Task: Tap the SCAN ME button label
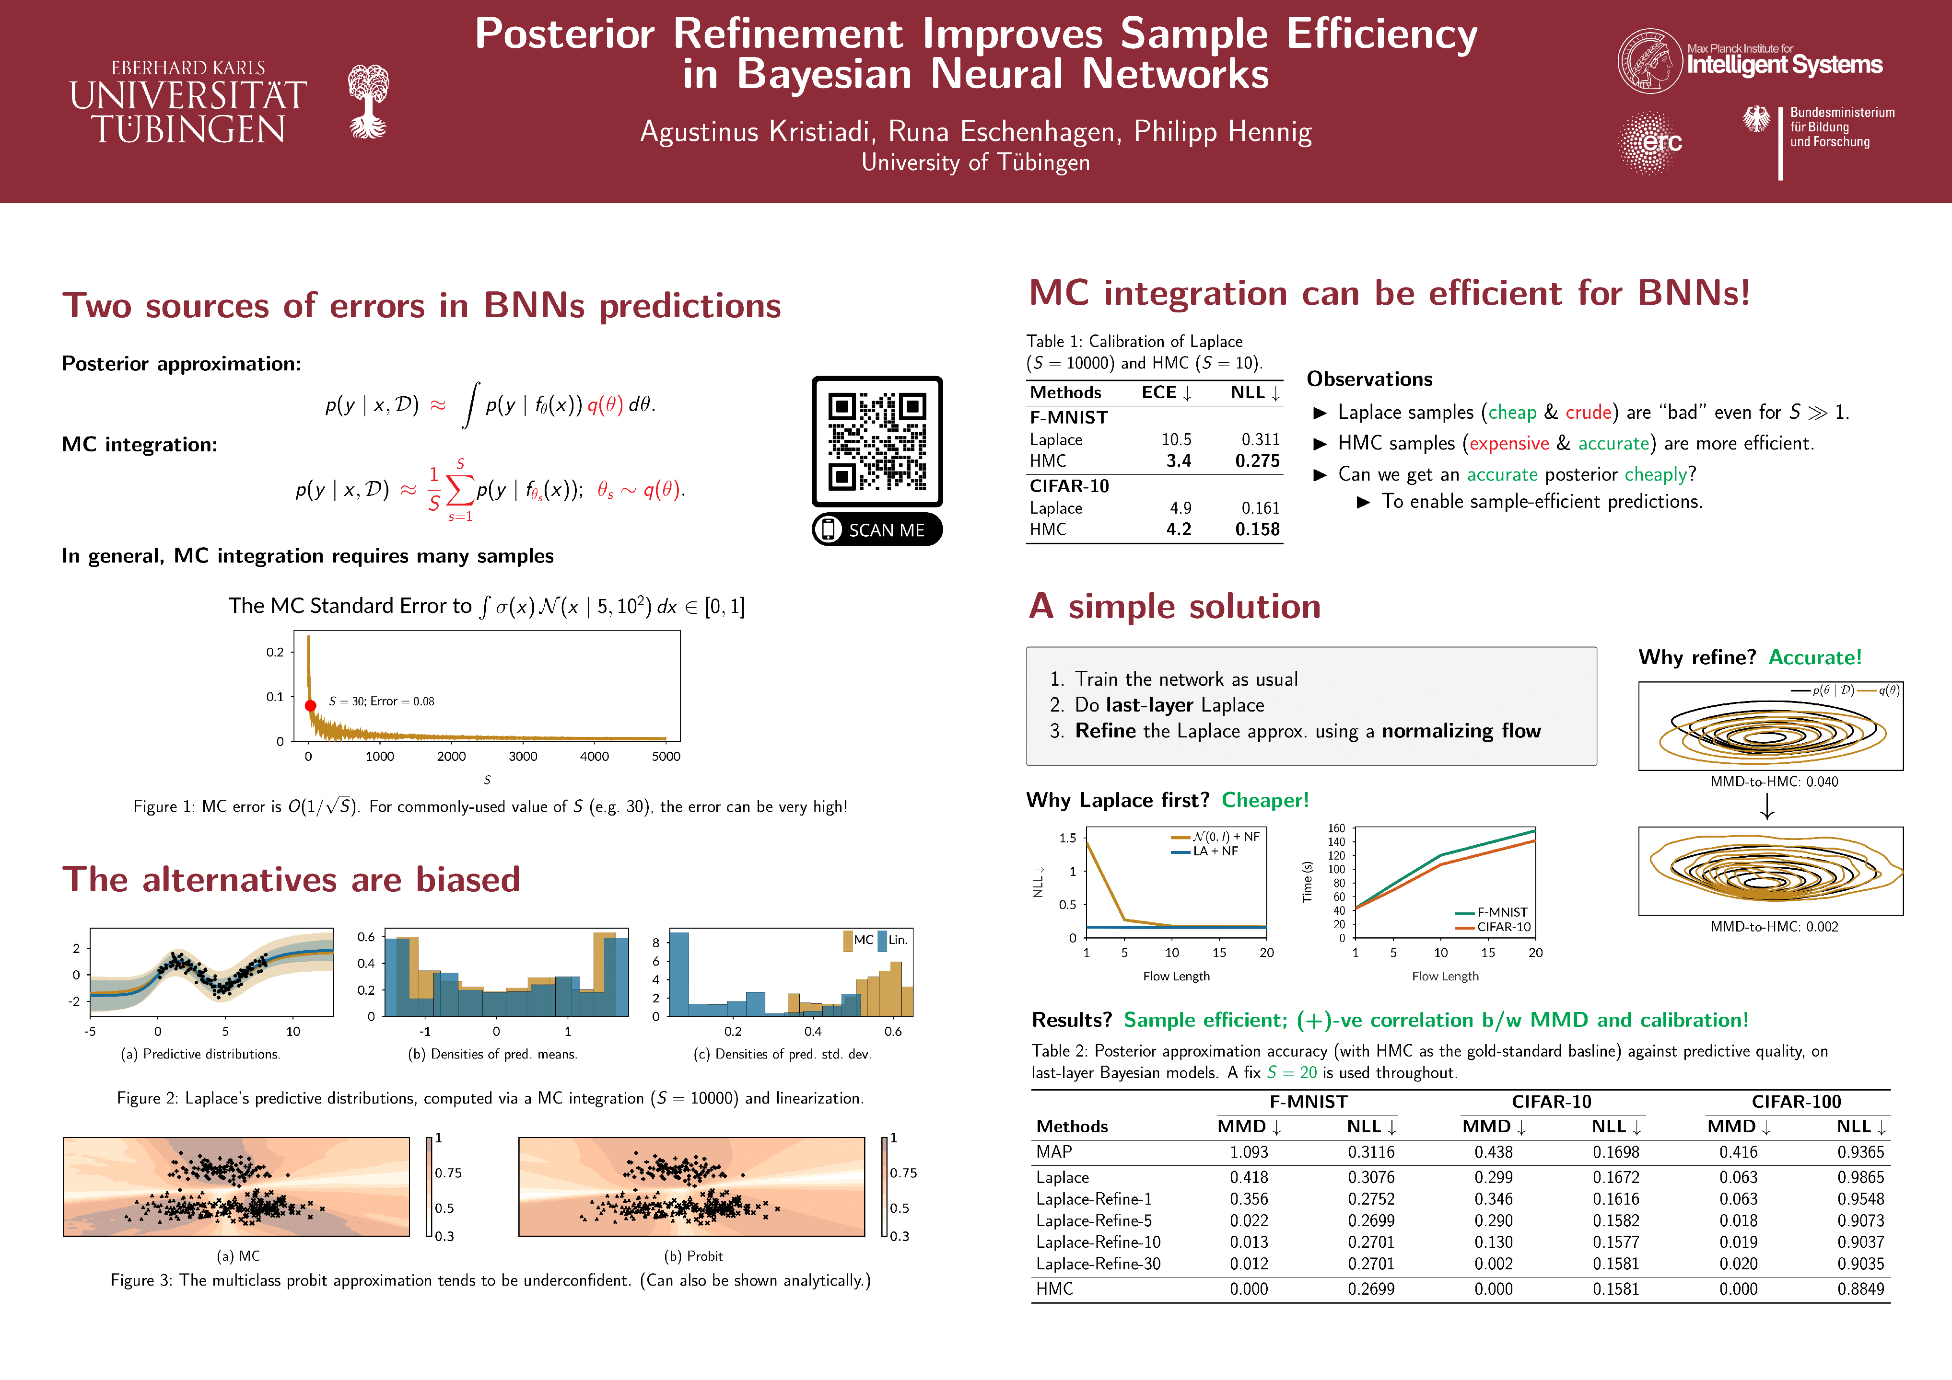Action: (x=886, y=530)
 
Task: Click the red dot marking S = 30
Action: (x=310, y=705)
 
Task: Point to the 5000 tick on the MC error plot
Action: (x=666, y=756)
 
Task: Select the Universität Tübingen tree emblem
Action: (x=368, y=101)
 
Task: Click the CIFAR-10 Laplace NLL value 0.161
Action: (x=1260, y=508)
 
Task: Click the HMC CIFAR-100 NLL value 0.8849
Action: (x=1860, y=1289)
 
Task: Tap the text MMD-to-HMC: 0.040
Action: (x=1774, y=782)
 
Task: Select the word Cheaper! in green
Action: (x=1265, y=801)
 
